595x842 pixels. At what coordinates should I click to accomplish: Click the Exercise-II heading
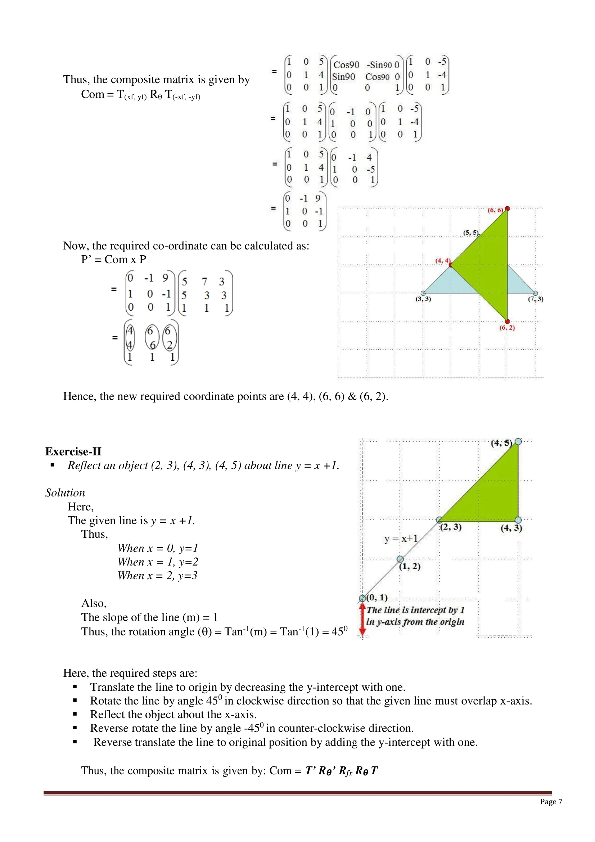coord(73,451)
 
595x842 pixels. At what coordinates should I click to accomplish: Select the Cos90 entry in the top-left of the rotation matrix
coord(346,65)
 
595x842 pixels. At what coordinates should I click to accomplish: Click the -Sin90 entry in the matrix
coord(379,65)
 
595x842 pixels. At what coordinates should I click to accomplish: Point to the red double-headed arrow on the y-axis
coord(362,620)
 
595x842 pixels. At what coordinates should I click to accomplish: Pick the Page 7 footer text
coord(551,802)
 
